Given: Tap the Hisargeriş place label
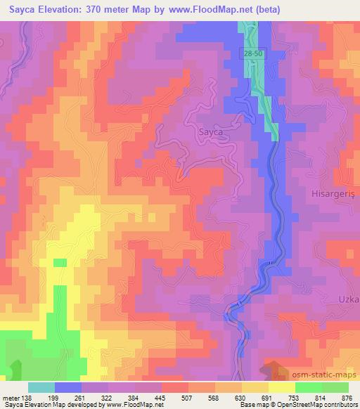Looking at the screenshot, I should pos(334,191).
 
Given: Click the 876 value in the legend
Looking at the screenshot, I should pos(347,397).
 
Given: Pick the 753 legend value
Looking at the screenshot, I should pos(294,397).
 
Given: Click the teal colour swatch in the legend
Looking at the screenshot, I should pos(41,387).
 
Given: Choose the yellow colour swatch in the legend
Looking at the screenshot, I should pos(281,387).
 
